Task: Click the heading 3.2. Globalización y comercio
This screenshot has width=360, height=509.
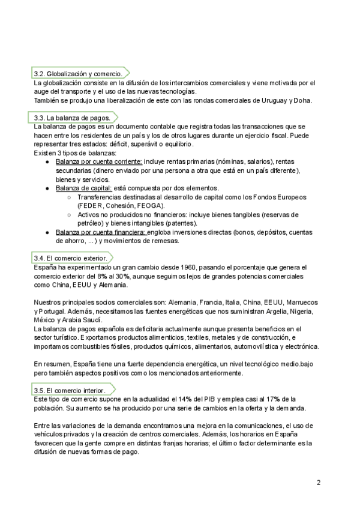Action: coord(79,73)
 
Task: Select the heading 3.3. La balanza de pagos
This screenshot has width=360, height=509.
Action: coord(72,118)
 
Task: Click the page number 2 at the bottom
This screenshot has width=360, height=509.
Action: coord(319,482)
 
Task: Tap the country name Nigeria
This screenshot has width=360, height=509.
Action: coord(299,312)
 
